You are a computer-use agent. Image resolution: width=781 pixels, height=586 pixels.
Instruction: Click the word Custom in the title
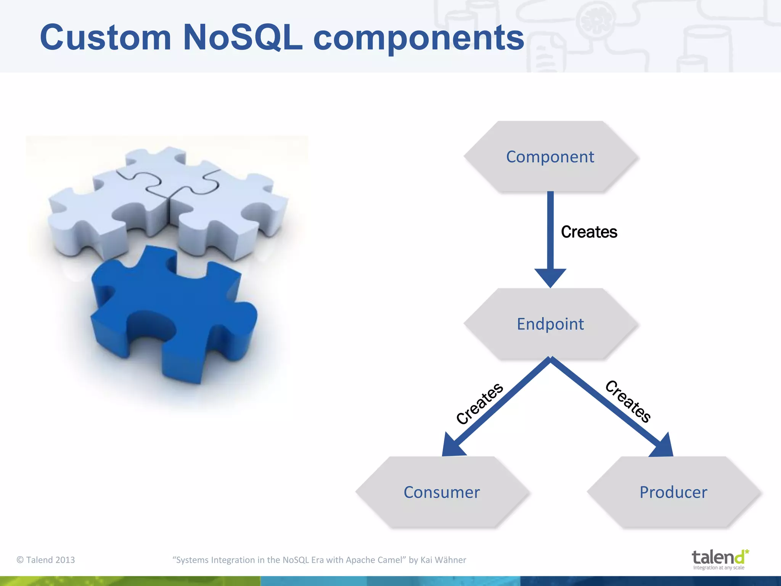(x=105, y=37)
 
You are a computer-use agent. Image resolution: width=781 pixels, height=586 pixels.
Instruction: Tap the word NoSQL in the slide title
(x=243, y=37)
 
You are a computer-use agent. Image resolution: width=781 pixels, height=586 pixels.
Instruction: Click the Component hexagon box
(x=550, y=157)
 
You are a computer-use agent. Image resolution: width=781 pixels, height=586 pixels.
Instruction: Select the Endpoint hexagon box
(x=550, y=324)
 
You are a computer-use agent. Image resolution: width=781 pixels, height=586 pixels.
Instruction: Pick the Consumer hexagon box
(x=442, y=492)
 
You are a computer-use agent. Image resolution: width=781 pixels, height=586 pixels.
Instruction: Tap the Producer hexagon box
(x=673, y=492)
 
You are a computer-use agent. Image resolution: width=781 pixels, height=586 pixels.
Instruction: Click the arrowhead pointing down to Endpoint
(x=550, y=277)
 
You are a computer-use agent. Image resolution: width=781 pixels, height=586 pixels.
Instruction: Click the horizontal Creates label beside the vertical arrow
(x=589, y=232)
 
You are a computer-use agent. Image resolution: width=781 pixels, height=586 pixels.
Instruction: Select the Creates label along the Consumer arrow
(x=480, y=403)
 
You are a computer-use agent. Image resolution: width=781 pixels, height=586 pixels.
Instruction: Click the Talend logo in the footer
(x=718, y=558)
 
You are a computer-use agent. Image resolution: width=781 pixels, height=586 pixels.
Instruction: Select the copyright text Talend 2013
(x=46, y=560)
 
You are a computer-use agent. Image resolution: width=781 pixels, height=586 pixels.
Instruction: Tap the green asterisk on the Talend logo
(x=746, y=552)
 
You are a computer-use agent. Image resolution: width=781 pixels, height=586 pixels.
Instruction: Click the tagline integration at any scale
(x=718, y=568)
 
